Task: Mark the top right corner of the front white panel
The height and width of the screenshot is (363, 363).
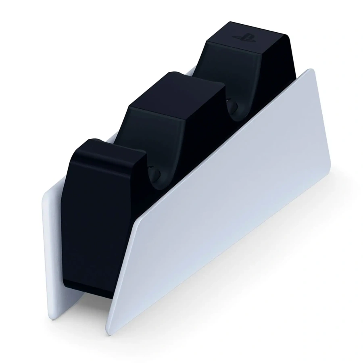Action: tap(310, 71)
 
